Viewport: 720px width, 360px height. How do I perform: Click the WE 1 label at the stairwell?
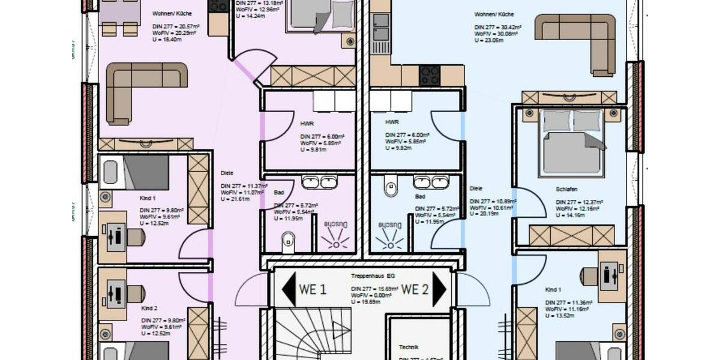click(x=313, y=289)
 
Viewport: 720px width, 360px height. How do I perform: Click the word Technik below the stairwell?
click(x=409, y=347)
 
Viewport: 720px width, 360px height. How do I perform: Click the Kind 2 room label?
click(x=149, y=308)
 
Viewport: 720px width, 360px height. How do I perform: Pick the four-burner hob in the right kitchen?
click(x=429, y=75)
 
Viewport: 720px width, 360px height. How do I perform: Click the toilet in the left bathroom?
click(x=289, y=241)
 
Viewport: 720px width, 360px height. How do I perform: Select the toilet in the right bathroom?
click(x=391, y=188)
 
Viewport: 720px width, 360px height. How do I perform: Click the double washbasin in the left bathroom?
click(x=320, y=182)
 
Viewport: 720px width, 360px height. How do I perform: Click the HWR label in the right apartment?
click(x=392, y=122)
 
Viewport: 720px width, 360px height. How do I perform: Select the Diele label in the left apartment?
click(x=227, y=173)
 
